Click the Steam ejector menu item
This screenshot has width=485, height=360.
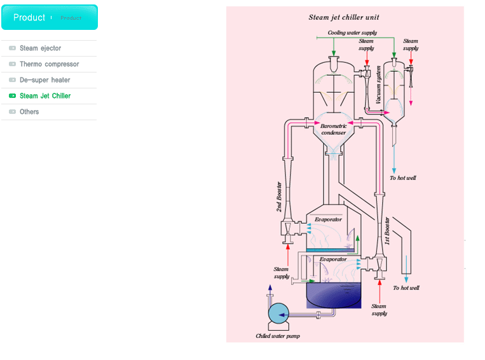pyautogui.click(x=40, y=48)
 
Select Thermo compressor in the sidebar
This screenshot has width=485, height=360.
pyautogui.click(x=49, y=64)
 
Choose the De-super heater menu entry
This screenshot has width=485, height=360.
pyautogui.click(x=44, y=80)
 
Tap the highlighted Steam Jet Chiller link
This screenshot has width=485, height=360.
pyautogui.click(x=44, y=96)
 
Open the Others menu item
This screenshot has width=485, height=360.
pyautogui.click(x=29, y=112)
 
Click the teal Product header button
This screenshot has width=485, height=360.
pyautogui.click(x=50, y=18)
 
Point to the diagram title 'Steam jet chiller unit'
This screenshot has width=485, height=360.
pyautogui.click(x=344, y=18)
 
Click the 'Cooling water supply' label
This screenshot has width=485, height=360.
pyautogui.click(x=352, y=32)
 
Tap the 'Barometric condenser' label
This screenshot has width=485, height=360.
pyautogui.click(x=334, y=129)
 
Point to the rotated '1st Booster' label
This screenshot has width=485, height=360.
pyautogui.click(x=387, y=232)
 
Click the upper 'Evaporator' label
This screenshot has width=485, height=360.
pyautogui.click(x=328, y=219)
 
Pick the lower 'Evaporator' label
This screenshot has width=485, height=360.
pyautogui.click(x=333, y=260)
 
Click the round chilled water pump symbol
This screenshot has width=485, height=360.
pyautogui.click(x=278, y=313)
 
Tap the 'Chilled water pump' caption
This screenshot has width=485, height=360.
pyautogui.click(x=278, y=336)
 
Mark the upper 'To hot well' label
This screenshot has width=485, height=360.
pyautogui.click(x=403, y=178)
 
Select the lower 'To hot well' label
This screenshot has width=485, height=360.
pyautogui.click(x=406, y=288)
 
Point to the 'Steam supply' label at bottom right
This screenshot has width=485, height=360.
pyautogui.click(x=379, y=310)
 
